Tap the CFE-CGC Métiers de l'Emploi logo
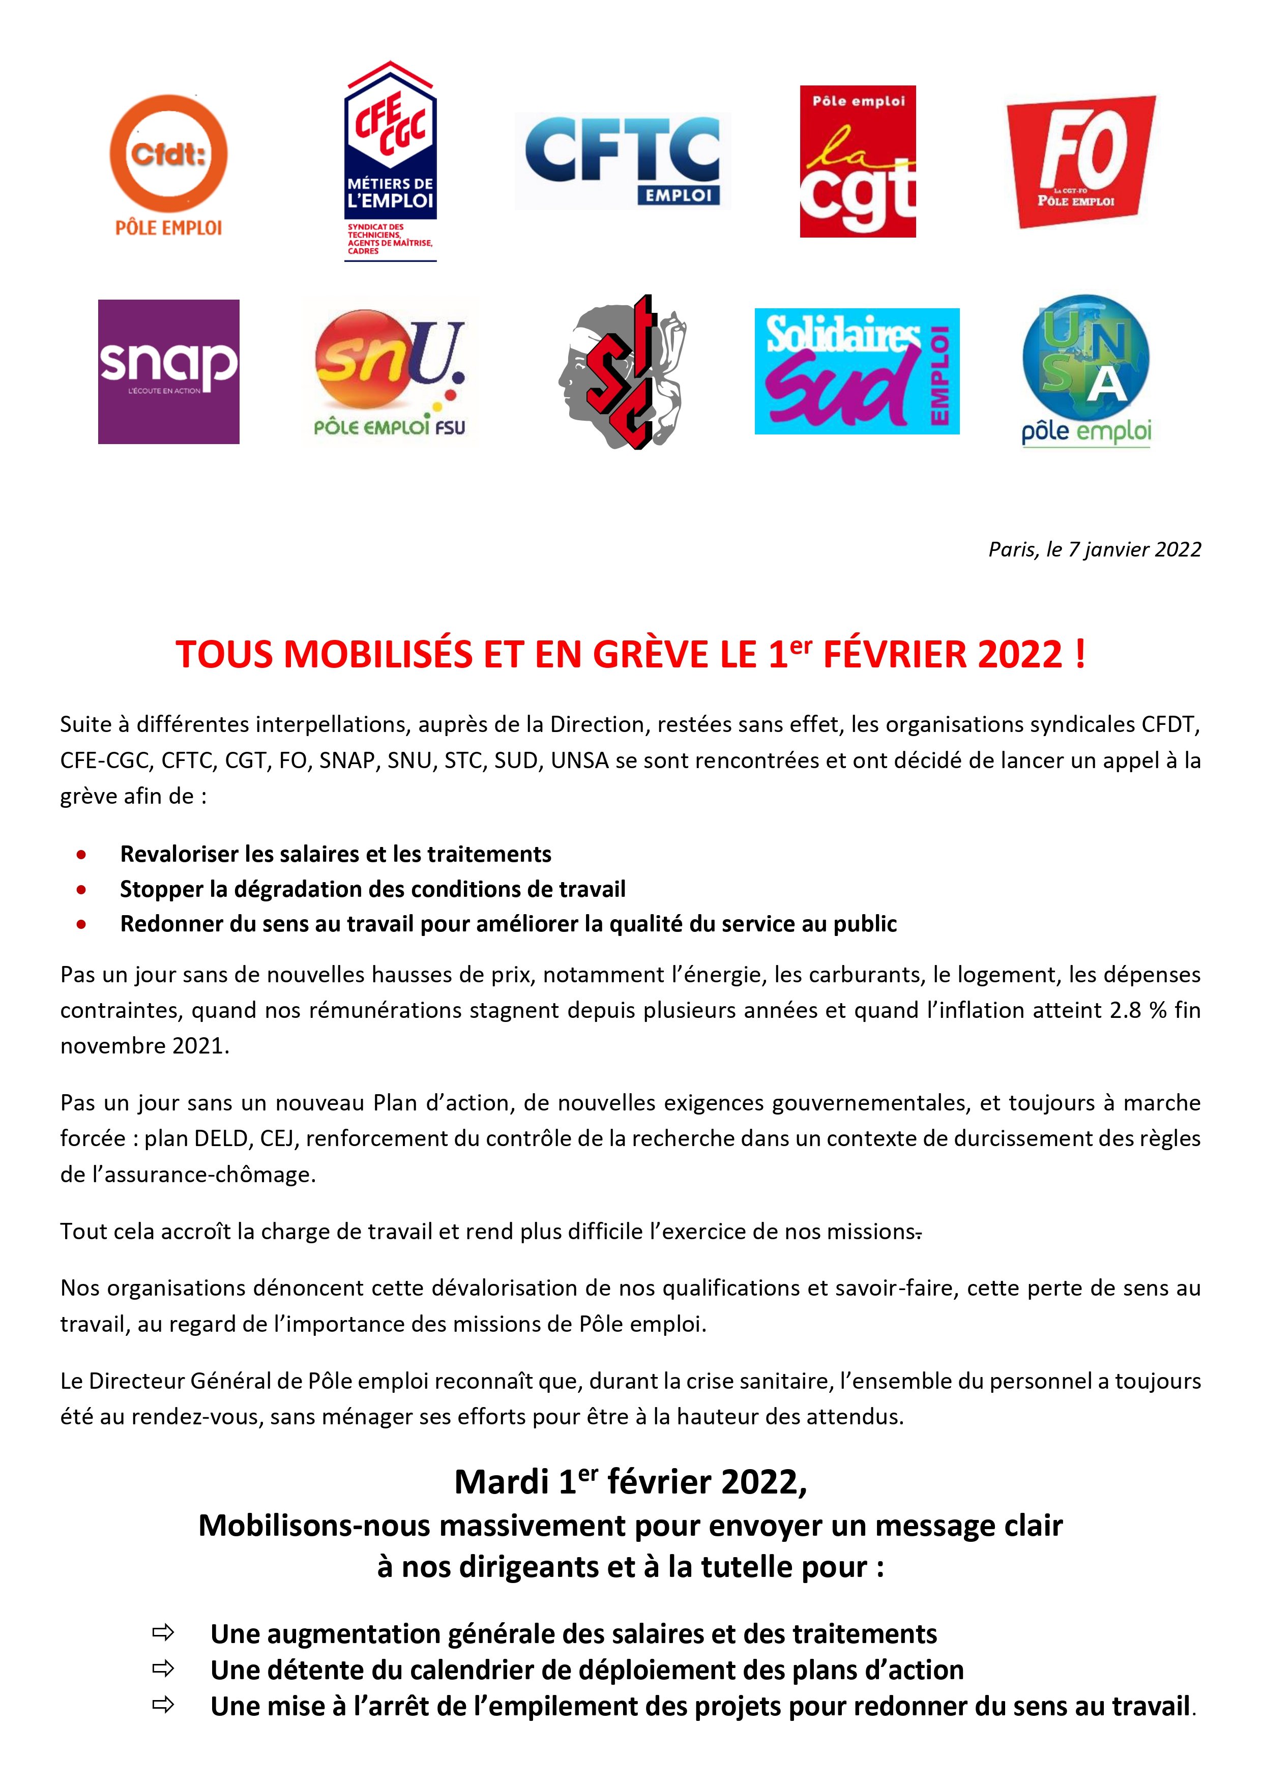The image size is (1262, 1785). point(390,162)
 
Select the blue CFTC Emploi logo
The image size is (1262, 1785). point(622,161)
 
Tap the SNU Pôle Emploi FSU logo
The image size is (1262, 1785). point(390,373)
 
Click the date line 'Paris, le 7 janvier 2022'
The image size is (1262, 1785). point(1094,550)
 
